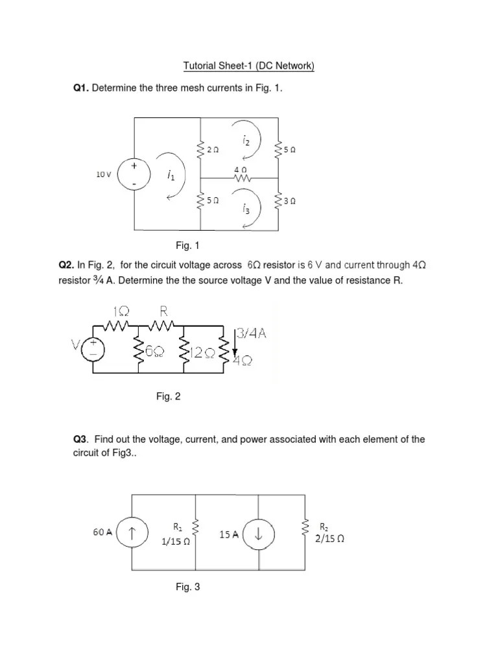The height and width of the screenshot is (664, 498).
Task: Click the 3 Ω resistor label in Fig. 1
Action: tap(291, 200)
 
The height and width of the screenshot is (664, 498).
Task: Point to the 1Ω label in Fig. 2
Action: tap(120, 312)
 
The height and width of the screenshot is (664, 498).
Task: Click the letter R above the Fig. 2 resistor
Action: tap(163, 311)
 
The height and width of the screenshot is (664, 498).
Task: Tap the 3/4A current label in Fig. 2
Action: tap(253, 334)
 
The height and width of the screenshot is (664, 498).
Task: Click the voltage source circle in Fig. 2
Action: tap(94, 349)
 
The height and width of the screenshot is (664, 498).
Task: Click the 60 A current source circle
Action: tap(133, 533)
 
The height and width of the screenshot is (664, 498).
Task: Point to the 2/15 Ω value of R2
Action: tap(329, 538)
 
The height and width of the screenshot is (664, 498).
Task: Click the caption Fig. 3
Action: tap(188, 587)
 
